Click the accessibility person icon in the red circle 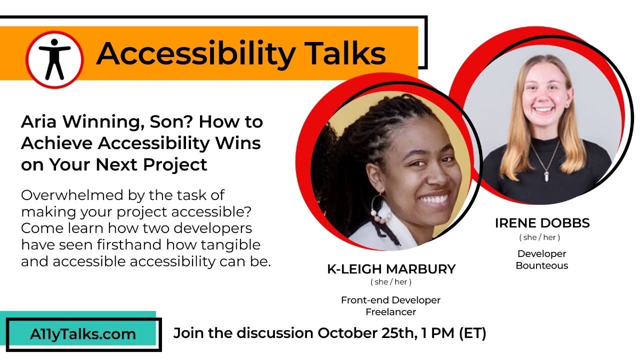coord(54,59)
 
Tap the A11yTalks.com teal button coord(82,334)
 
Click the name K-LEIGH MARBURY coord(391,269)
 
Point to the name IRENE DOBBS coord(542,223)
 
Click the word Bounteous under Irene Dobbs coord(542,265)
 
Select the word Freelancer coord(391,312)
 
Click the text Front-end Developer coord(391,300)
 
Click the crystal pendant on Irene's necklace coord(546,176)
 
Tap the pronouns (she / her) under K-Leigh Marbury coord(391,282)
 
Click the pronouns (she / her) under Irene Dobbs coord(539,237)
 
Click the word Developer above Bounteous coord(542,253)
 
